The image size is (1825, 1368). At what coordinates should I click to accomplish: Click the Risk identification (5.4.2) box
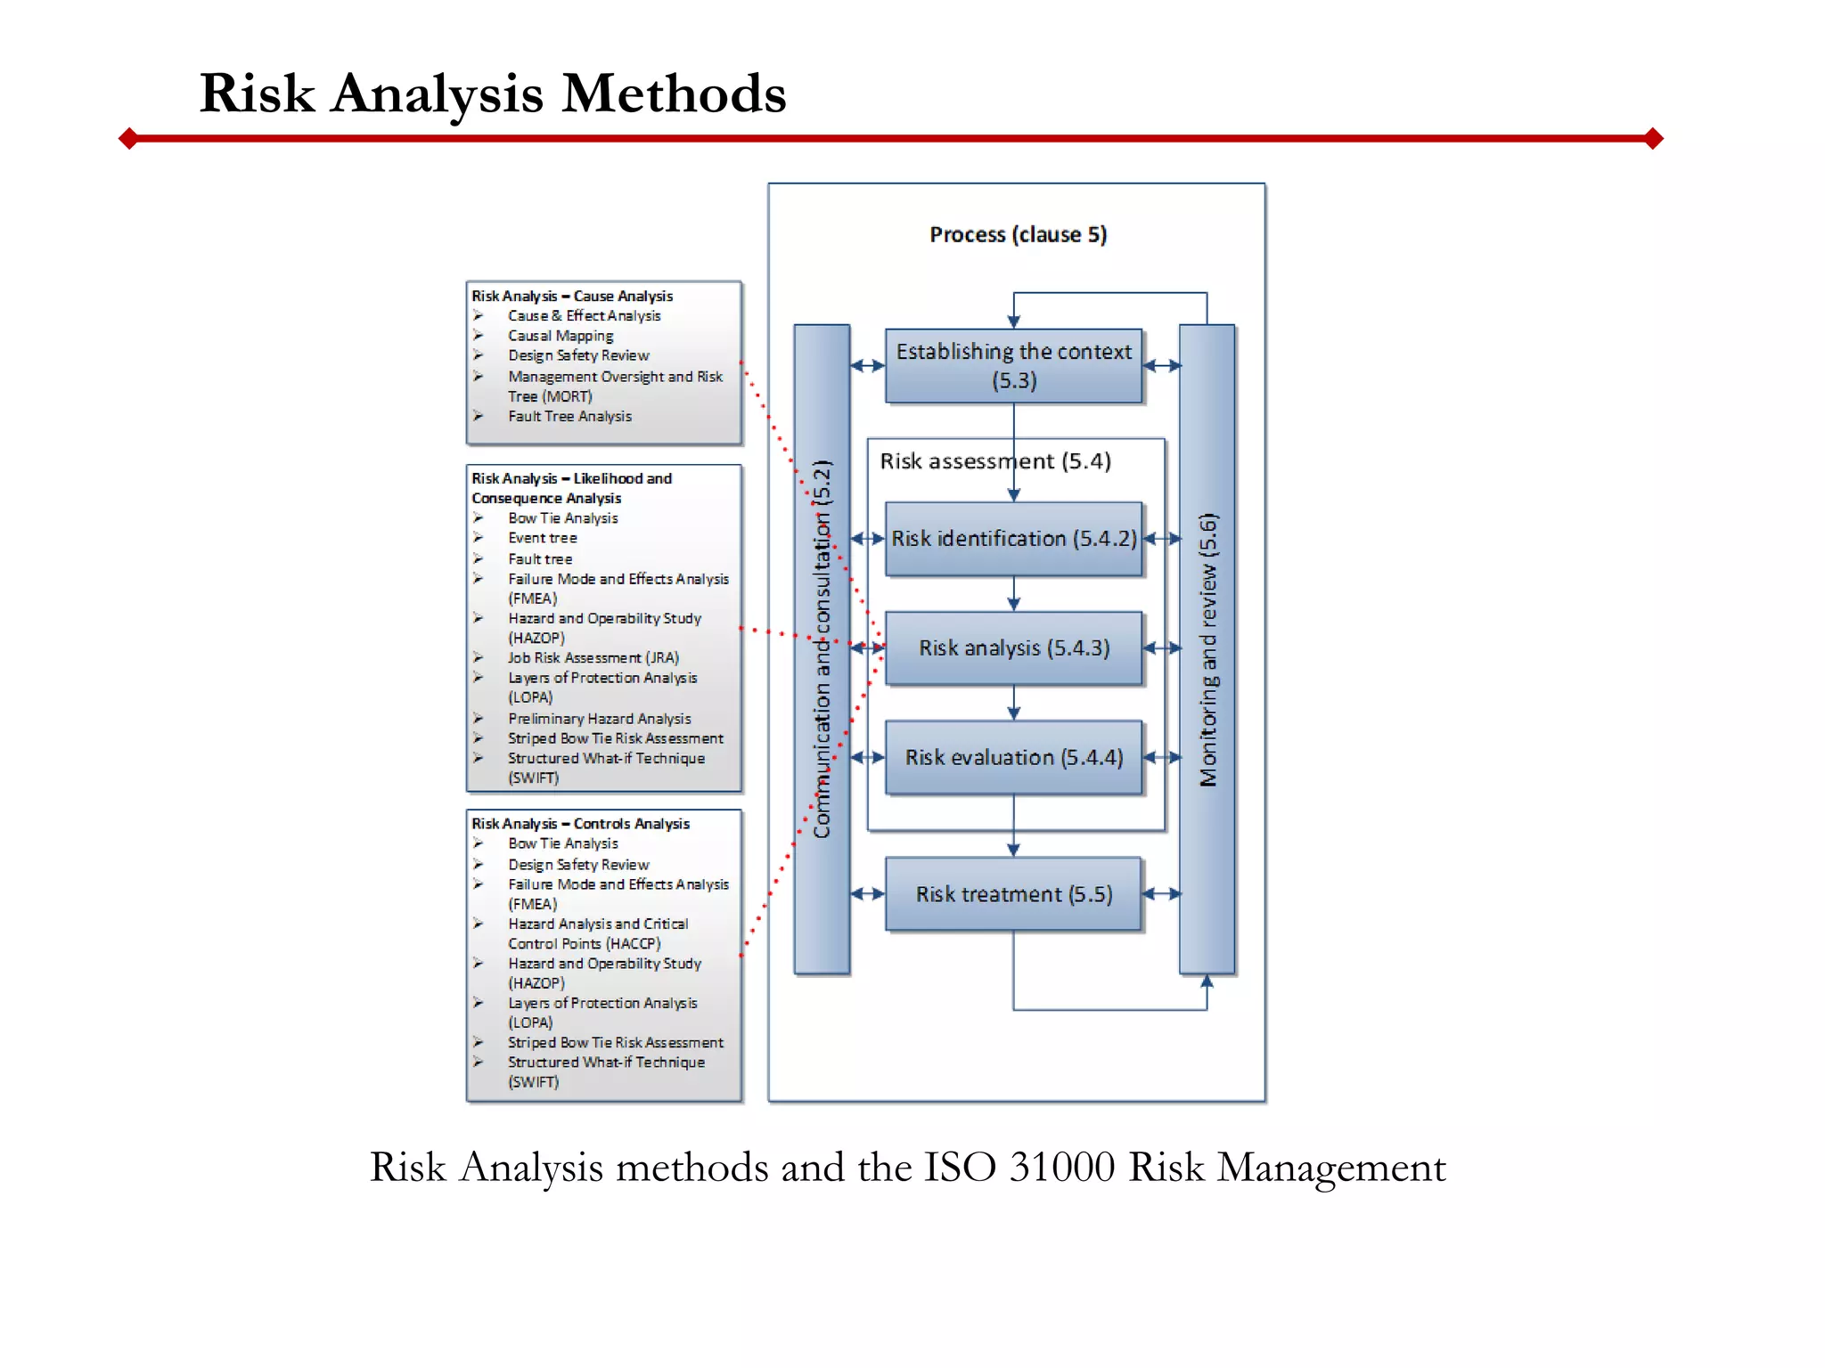pos(1013,539)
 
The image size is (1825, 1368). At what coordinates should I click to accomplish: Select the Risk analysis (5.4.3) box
pos(1013,648)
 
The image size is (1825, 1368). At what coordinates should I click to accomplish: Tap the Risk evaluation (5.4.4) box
pos(1013,758)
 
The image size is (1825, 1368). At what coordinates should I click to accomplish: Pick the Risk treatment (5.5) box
pos(1013,894)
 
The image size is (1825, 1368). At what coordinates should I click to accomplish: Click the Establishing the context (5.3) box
pos(1013,366)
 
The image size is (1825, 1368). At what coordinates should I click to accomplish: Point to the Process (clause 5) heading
pos(1018,234)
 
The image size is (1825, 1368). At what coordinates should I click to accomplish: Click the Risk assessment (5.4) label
pos(994,461)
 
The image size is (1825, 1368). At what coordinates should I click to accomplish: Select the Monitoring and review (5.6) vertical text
pos(1207,649)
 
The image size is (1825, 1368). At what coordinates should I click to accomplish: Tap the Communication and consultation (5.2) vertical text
pos(822,649)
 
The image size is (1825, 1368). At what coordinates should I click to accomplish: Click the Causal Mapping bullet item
pos(561,336)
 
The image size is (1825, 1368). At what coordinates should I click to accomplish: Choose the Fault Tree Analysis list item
pos(569,416)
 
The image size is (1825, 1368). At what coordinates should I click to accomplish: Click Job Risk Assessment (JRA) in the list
pos(593,658)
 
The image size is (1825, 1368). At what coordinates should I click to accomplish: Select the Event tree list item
pos(543,538)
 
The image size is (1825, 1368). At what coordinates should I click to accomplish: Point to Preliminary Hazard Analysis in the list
pos(599,719)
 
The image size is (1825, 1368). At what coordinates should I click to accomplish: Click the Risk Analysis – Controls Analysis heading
pos(580,824)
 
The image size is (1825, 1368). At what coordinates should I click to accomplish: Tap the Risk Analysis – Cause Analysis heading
pos(572,296)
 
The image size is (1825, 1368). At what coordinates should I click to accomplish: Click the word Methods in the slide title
pos(674,94)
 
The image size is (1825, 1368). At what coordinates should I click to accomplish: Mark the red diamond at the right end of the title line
pos(1654,138)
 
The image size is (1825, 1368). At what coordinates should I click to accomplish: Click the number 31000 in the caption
pos(1061,1168)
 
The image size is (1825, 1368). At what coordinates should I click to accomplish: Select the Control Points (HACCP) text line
pos(584,944)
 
